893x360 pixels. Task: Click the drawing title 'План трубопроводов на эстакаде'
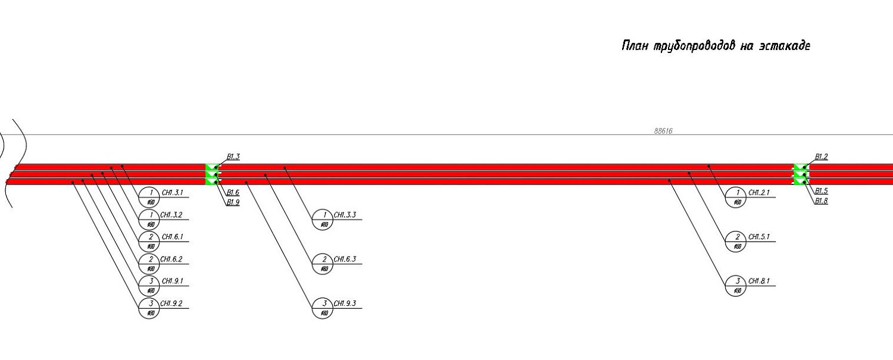(715, 46)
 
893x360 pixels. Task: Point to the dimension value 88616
(663, 131)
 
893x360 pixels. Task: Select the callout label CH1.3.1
(171, 193)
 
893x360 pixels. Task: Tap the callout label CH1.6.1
(171, 237)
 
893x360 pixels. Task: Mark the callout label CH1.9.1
(171, 281)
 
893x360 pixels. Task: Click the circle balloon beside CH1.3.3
(324, 220)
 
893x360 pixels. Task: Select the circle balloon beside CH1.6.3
(324, 264)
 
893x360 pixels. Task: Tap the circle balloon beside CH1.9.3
(324, 308)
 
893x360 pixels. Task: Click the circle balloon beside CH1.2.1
(737, 198)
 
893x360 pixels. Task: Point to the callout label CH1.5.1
(758, 237)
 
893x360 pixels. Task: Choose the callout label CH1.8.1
(758, 281)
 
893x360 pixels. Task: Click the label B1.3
(233, 157)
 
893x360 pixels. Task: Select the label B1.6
(233, 193)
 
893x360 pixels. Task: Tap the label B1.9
(233, 203)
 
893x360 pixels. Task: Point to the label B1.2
(821, 157)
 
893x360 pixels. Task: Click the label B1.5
(821, 191)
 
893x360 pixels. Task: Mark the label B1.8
(821, 201)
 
